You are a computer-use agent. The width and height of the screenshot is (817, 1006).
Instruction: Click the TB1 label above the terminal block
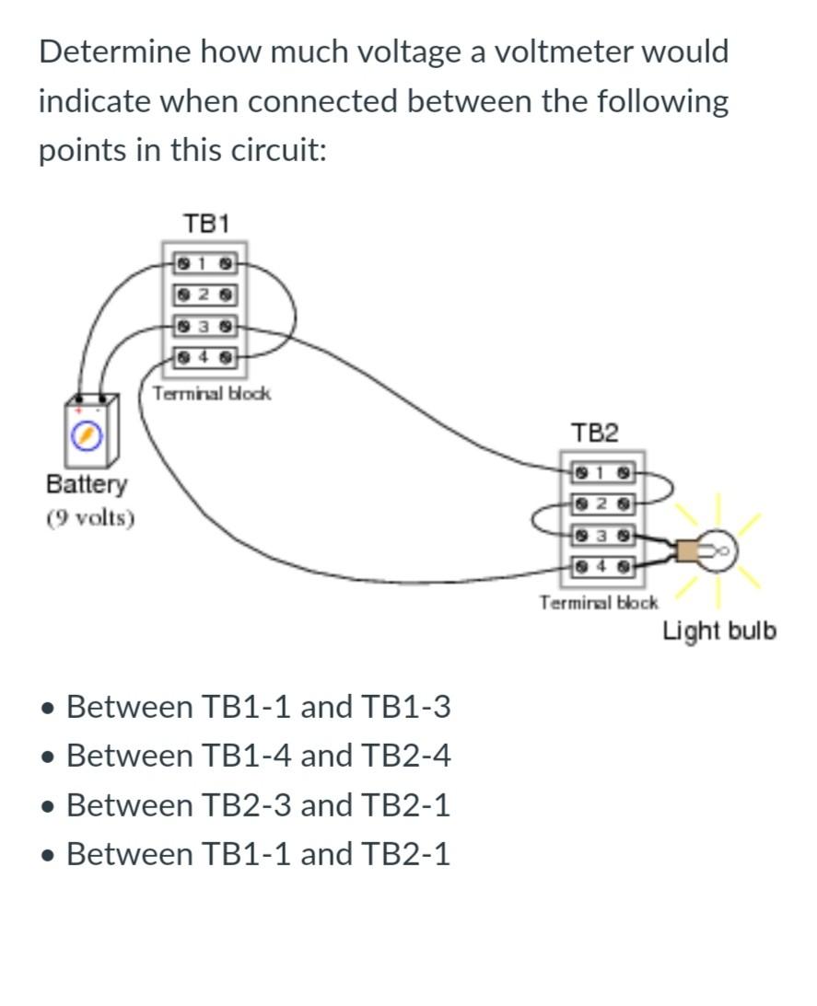pyautogui.click(x=206, y=224)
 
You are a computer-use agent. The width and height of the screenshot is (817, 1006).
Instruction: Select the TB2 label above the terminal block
pyautogui.click(x=595, y=433)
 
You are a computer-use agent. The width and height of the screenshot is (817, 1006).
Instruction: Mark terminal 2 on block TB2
pyautogui.click(x=601, y=503)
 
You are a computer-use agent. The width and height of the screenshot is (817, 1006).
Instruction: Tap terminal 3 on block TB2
pyautogui.click(x=601, y=534)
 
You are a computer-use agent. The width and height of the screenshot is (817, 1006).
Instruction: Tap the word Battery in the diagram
pyautogui.click(x=88, y=484)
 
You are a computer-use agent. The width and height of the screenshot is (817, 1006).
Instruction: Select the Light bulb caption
pyautogui.click(x=719, y=631)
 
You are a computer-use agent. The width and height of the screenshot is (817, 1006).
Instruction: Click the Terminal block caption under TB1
pyautogui.click(x=212, y=394)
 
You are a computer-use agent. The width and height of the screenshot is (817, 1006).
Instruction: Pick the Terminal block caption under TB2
pyautogui.click(x=599, y=603)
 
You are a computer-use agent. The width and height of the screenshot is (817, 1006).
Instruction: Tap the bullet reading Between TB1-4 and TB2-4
pyautogui.click(x=258, y=756)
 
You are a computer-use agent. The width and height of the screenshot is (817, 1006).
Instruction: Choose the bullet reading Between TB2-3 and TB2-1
pyautogui.click(x=258, y=805)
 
